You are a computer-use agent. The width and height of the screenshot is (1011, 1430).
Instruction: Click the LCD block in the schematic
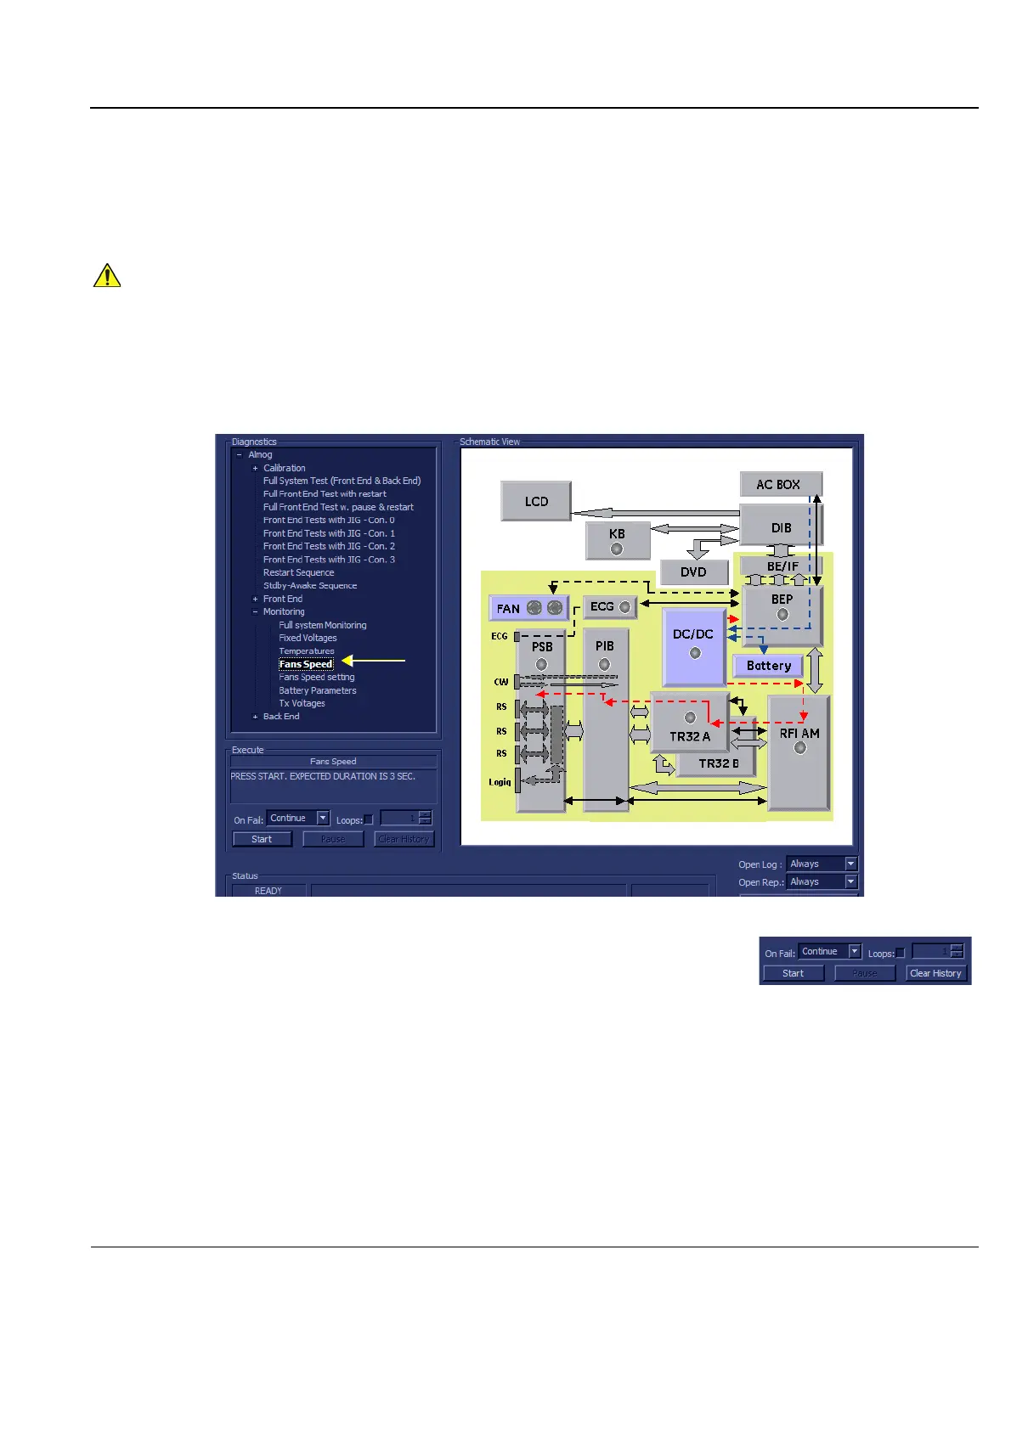[x=535, y=501]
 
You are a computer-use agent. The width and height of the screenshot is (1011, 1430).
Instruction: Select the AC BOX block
[x=780, y=484]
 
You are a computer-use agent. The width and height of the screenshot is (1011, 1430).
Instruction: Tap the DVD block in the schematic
[x=693, y=571]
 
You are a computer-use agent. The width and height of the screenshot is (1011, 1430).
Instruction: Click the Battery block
[x=768, y=666]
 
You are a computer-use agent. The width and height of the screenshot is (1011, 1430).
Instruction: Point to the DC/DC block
[x=693, y=645]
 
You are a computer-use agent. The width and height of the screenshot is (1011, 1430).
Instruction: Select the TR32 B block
[x=719, y=763]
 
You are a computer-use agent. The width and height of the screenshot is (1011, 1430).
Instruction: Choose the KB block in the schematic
[x=617, y=540]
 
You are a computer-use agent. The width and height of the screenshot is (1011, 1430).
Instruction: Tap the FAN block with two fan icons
[x=528, y=608]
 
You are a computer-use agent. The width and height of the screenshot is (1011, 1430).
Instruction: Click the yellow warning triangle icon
[x=107, y=276]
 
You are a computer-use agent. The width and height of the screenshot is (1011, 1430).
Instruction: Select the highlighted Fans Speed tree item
[x=306, y=664]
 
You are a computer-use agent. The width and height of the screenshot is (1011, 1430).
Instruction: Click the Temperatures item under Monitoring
[x=307, y=651]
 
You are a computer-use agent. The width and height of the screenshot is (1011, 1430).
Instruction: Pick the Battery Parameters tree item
[x=318, y=690]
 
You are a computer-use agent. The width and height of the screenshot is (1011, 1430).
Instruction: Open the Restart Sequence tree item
[x=298, y=572]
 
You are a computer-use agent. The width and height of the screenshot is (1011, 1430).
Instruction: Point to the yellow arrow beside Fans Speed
[x=373, y=661]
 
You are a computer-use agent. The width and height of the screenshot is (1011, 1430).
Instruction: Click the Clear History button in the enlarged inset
[x=935, y=973]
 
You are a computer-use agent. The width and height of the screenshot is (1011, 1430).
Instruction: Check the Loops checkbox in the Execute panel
[x=369, y=819]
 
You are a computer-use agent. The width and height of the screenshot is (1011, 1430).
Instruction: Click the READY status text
[x=268, y=891]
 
